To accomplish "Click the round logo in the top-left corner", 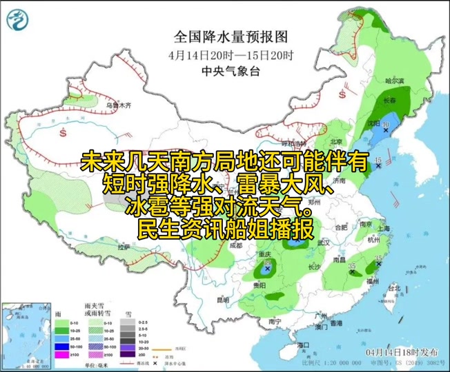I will [19, 20].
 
